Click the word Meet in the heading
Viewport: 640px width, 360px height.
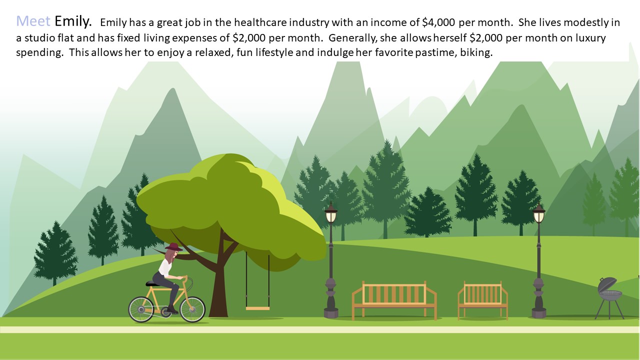(x=33, y=21)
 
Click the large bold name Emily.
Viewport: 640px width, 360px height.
(x=73, y=21)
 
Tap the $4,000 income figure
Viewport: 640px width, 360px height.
(x=438, y=22)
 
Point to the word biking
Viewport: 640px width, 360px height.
(x=476, y=52)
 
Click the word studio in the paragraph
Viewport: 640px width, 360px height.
(x=39, y=37)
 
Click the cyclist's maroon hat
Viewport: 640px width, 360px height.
(x=173, y=247)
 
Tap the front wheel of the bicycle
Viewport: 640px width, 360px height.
(x=192, y=309)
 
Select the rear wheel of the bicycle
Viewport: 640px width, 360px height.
(x=141, y=309)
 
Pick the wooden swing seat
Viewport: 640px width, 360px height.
(x=257, y=308)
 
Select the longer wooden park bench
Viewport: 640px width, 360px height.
(x=394, y=300)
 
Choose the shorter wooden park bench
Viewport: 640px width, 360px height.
(x=483, y=300)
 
